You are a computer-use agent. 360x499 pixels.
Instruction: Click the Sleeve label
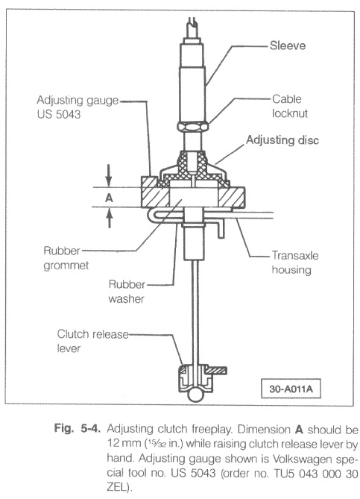coord(288,45)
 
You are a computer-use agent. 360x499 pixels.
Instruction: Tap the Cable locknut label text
coord(290,106)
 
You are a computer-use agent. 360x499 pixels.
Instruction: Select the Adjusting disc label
coord(282,140)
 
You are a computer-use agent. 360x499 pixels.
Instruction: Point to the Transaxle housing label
coord(295,263)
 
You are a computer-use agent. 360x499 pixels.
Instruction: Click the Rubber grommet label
coord(66,258)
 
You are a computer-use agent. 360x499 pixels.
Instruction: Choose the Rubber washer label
coord(127,292)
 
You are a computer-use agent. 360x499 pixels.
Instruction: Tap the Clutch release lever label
coord(93,341)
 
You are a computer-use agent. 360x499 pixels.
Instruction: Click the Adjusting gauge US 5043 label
coord(78,107)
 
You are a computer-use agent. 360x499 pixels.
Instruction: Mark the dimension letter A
coord(109,198)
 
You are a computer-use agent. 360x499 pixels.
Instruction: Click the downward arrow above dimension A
coord(109,175)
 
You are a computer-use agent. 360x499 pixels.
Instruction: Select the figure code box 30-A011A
coord(291,389)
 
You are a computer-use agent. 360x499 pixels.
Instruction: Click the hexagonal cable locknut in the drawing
coord(193,127)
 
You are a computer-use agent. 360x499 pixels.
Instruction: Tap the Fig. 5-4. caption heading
coord(78,428)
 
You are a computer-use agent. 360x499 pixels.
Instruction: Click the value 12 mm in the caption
coord(124,442)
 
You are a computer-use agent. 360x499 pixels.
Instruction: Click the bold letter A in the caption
coord(299,430)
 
